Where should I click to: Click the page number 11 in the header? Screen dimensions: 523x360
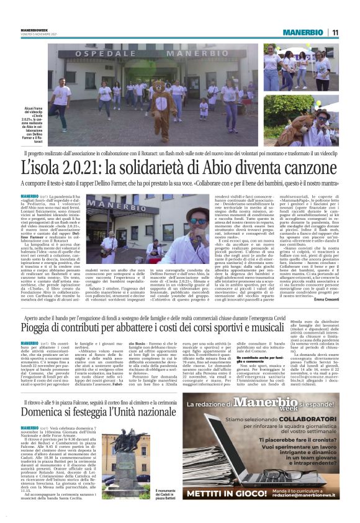[x=335, y=32]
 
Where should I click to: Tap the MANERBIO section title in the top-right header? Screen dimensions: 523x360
[x=300, y=32]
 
